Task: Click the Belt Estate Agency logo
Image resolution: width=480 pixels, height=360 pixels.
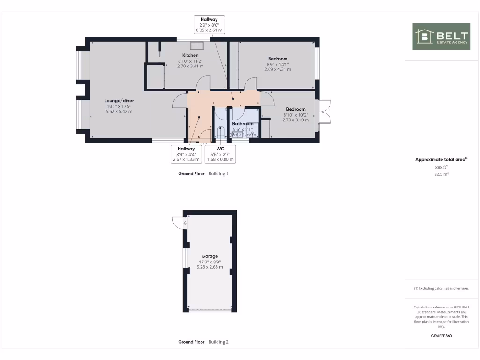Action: [441, 36]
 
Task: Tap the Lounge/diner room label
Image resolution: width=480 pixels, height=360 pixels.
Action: [119, 100]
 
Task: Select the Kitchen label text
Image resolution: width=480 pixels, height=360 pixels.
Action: [190, 55]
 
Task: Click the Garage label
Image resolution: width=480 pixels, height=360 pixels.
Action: [210, 256]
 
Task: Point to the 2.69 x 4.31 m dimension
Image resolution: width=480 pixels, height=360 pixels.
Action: [277, 69]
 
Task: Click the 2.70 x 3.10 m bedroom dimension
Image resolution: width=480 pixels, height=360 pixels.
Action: [296, 120]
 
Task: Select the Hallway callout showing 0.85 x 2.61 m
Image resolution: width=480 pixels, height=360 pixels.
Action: [209, 24]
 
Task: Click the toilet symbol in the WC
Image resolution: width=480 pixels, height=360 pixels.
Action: [222, 132]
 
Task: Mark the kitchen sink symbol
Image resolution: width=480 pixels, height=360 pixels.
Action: [197, 45]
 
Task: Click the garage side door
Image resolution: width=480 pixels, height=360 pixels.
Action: [178, 222]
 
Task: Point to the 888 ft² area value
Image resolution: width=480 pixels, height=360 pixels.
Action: [441, 167]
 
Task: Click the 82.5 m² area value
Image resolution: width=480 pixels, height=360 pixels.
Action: [441, 174]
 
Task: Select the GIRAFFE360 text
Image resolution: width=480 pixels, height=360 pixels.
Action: [441, 336]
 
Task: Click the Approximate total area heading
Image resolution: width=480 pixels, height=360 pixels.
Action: [441, 160]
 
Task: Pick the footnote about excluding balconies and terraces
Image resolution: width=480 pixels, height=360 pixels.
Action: [441, 289]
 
